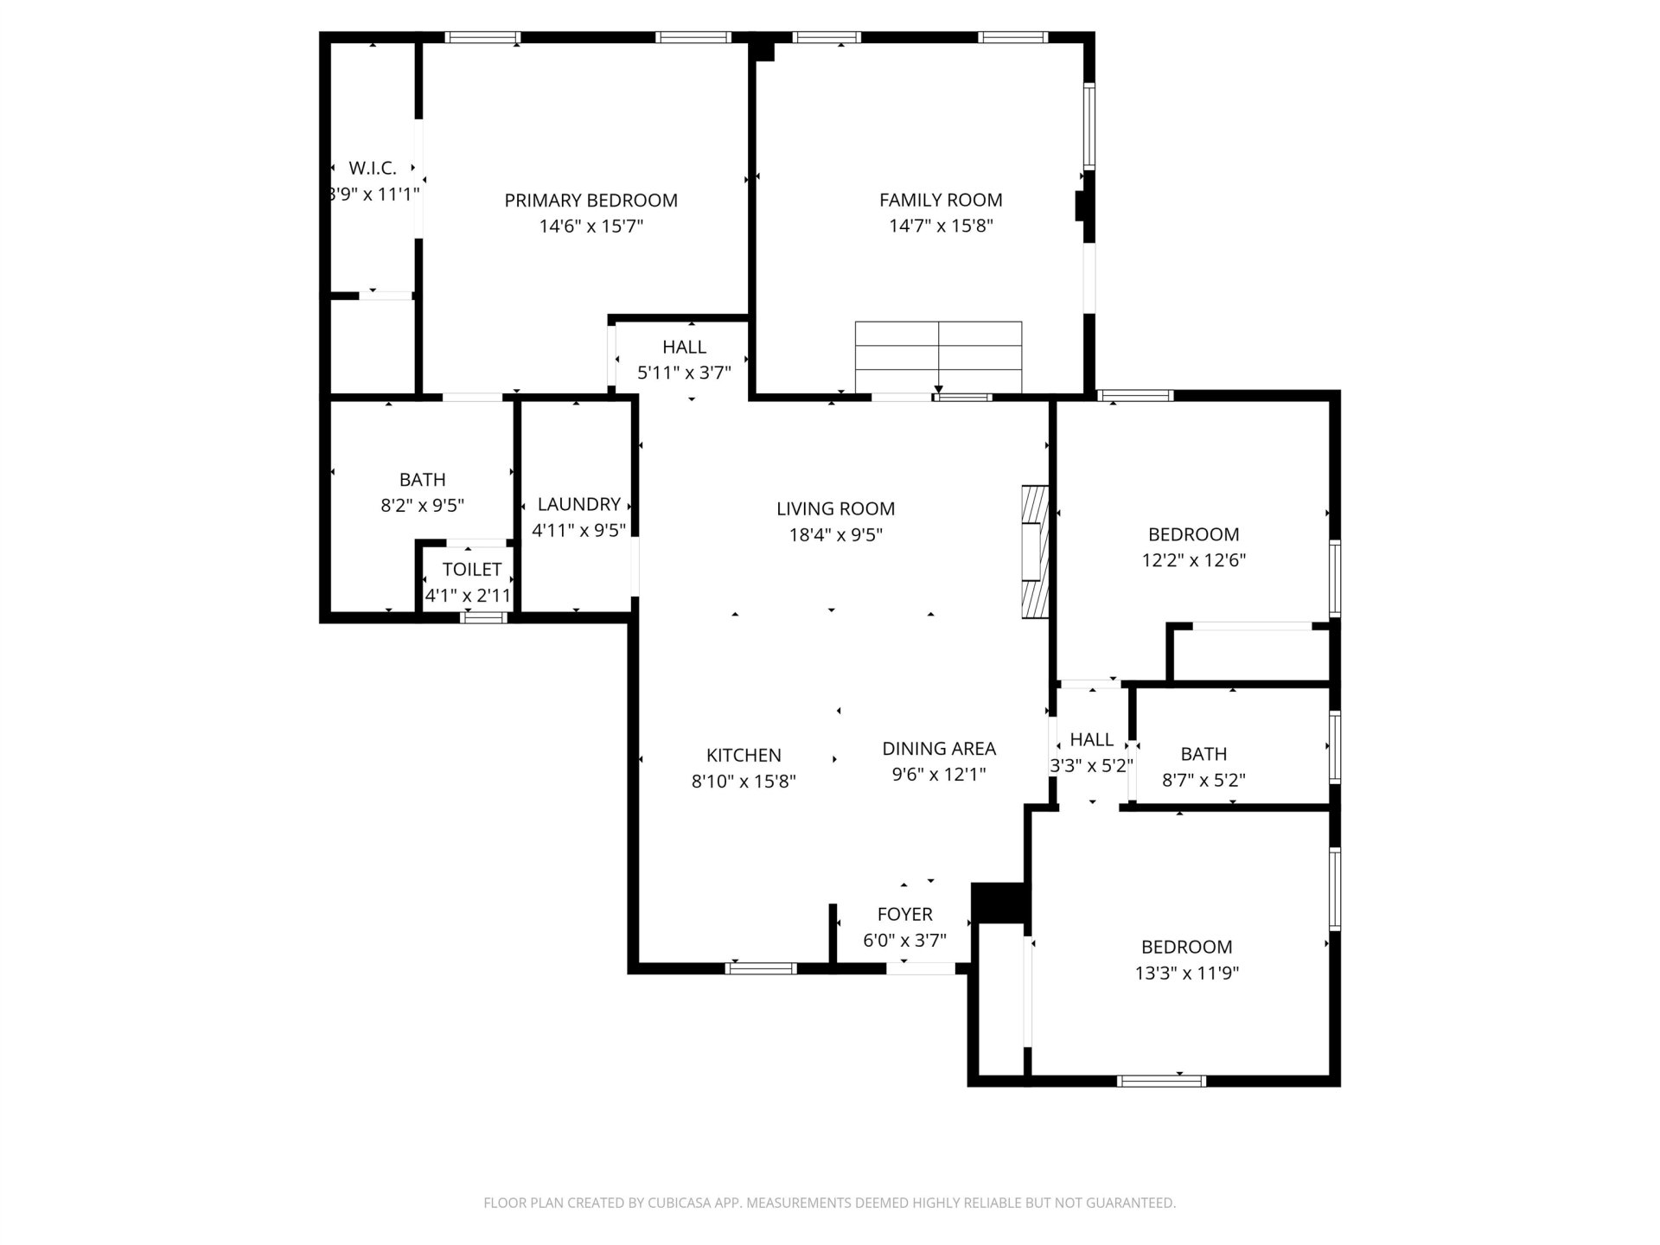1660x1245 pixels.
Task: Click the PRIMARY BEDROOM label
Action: (x=591, y=201)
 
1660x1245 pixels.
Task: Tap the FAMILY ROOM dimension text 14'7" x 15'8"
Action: (x=941, y=227)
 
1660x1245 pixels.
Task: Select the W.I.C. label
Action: (x=373, y=168)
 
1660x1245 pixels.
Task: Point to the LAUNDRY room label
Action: (x=579, y=504)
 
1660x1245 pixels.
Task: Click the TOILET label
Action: (x=472, y=569)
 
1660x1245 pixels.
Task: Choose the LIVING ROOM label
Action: (x=835, y=508)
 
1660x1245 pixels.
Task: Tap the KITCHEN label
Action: (x=744, y=755)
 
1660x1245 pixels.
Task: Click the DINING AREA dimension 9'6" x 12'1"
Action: (x=939, y=775)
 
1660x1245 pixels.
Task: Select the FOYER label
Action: (x=904, y=914)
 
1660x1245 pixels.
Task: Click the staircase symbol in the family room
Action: (x=938, y=357)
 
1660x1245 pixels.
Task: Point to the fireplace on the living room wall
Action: (x=1035, y=552)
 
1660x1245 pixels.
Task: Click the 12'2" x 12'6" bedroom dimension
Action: (x=1194, y=560)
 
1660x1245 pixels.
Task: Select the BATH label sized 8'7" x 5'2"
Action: (x=1203, y=754)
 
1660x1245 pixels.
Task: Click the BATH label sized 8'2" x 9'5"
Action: (x=423, y=479)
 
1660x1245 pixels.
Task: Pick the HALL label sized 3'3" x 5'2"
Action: (x=1092, y=739)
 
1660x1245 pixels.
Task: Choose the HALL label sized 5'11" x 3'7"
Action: (x=685, y=347)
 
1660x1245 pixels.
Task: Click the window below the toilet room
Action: (x=484, y=616)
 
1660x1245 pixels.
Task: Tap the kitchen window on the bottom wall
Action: (x=761, y=968)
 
